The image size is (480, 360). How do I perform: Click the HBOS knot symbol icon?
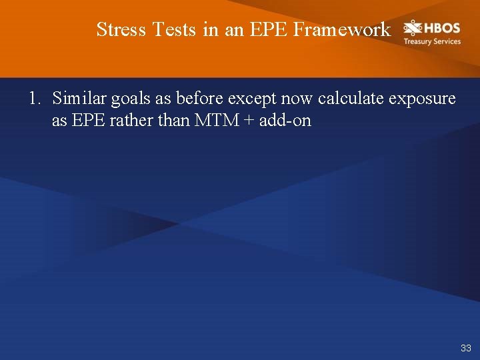click(413, 29)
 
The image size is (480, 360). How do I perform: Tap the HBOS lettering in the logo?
click(442, 28)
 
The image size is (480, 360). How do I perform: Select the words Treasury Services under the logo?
click(432, 41)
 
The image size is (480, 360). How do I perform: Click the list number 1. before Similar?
click(35, 99)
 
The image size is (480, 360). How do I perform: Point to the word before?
click(199, 99)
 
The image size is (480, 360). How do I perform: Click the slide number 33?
click(465, 348)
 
